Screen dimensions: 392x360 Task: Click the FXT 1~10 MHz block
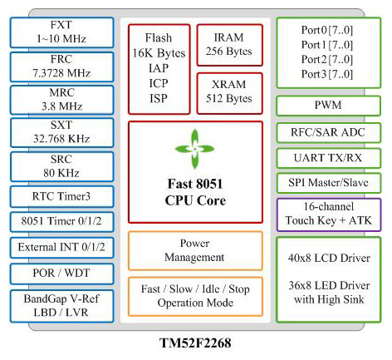(61, 32)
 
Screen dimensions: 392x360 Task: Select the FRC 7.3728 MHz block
(61, 67)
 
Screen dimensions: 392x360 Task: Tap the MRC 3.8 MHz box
(61, 100)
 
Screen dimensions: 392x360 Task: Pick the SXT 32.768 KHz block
(61, 132)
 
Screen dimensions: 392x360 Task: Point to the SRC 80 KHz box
(61, 166)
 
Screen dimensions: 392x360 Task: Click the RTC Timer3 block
(61, 196)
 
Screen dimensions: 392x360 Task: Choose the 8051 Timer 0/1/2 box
(61, 222)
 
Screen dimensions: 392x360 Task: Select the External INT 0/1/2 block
(61, 248)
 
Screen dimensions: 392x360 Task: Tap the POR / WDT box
(61, 274)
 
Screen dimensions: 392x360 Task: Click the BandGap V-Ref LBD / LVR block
(61, 306)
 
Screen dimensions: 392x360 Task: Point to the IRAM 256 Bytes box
(229, 45)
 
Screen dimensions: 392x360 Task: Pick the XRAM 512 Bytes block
(229, 93)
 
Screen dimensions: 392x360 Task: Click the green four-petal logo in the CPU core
(194, 149)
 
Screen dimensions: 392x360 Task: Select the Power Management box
(195, 250)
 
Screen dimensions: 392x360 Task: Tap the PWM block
(328, 106)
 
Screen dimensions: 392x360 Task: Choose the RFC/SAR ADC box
(328, 133)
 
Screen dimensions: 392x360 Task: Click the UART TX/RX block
(328, 158)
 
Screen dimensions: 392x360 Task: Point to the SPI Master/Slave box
(328, 183)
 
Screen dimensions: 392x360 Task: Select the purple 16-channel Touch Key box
(329, 215)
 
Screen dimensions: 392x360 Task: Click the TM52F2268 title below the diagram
(195, 343)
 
